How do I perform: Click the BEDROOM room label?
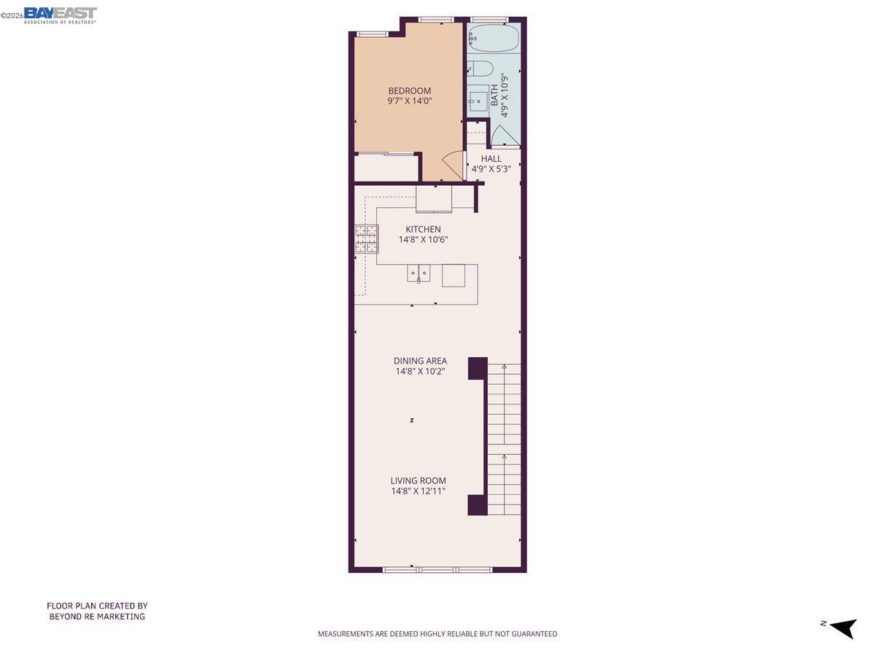point(409,91)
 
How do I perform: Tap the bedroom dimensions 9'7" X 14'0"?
point(409,102)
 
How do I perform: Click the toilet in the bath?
point(480,69)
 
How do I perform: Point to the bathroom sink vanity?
point(478,98)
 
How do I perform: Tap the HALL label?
point(491,158)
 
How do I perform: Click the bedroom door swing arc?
point(452,165)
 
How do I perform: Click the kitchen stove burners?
point(367,238)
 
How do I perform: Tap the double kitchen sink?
point(419,275)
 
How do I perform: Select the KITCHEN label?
point(423,229)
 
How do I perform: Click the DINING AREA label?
point(420,361)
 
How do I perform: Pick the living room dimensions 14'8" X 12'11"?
point(418,491)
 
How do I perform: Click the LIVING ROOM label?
point(418,480)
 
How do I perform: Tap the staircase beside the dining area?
point(504,437)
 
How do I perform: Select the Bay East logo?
point(60,14)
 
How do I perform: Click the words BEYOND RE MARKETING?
point(97,617)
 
